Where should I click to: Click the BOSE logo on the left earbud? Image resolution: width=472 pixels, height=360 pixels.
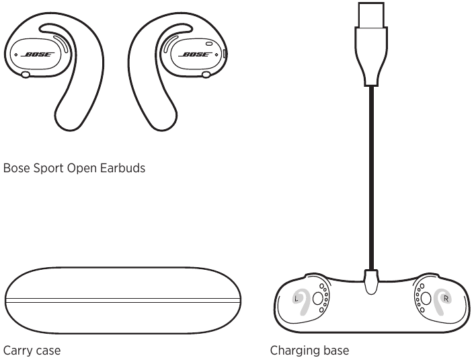point(38,55)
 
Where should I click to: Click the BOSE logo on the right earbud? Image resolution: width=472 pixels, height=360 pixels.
point(195,55)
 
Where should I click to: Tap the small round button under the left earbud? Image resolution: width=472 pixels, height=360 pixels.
point(26,75)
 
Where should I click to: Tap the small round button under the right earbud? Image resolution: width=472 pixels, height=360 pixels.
point(206,75)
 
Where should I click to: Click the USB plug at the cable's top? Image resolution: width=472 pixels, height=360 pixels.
point(371,15)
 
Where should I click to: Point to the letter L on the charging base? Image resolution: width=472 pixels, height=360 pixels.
point(297,299)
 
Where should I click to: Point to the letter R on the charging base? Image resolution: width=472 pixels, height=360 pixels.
point(446,299)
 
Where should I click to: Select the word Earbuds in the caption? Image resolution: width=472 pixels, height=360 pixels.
point(122,168)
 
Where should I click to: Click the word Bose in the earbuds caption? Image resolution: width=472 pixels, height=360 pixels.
point(17,168)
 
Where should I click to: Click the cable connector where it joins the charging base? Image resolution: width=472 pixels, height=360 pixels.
point(371,282)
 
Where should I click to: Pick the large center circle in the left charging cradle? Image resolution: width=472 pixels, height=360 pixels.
point(317,299)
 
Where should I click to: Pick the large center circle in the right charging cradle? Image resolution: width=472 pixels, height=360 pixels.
point(426,299)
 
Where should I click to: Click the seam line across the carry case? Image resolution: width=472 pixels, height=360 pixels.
point(123,300)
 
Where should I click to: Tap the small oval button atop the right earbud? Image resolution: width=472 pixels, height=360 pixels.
point(209,44)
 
